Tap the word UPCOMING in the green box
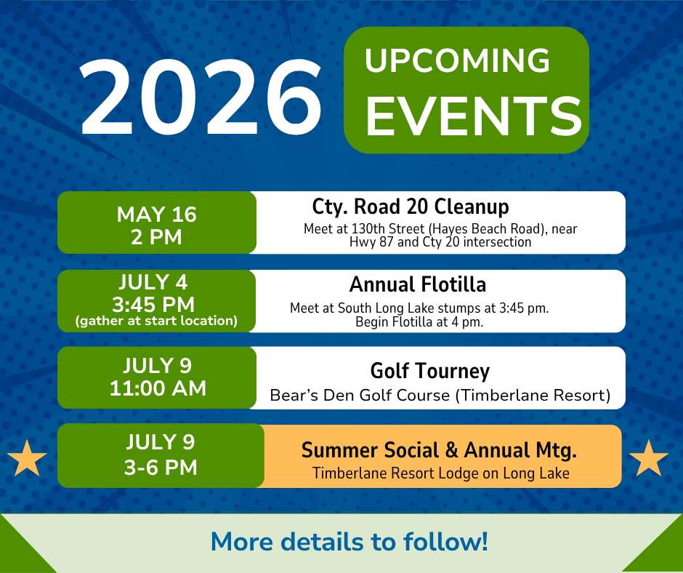tap(457, 61)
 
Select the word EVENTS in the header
tap(473, 114)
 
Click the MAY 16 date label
tap(157, 215)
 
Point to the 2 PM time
tap(157, 236)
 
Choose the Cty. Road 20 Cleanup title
tap(411, 207)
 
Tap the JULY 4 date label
tap(157, 281)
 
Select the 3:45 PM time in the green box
tap(157, 302)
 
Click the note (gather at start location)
tap(157, 321)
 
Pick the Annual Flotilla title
tap(417, 284)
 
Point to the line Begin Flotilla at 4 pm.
tap(419, 321)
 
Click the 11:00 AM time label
tap(158, 389)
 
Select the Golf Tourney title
tap(430, 371)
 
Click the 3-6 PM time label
tap(161, 466)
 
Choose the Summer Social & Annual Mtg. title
tap(439, 450)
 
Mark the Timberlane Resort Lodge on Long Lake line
tap(440, 473)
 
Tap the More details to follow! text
tap(349, 542)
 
